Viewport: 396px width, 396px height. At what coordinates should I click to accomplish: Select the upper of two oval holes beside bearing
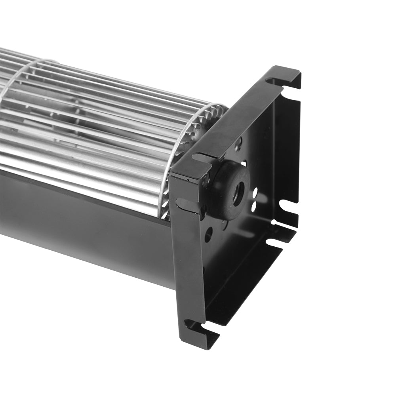(254, 194)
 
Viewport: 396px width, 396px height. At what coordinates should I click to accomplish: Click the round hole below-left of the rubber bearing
(208, 234)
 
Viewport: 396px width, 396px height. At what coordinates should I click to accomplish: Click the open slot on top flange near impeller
(202, 158)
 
